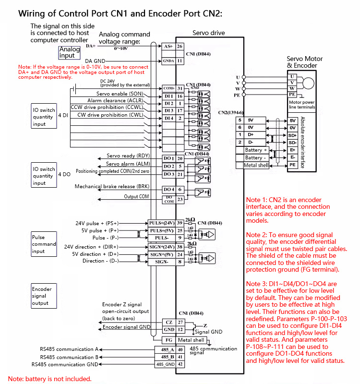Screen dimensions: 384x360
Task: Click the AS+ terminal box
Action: click(x=168, y=47)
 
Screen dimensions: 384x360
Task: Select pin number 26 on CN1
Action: click(x=180, y=47)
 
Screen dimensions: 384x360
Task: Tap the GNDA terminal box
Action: click(x=168, y=61)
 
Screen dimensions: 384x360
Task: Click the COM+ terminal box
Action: click(x=168, y=88)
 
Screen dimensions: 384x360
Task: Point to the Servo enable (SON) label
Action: click(x=120, y=94)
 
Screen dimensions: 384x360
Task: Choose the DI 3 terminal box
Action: click(x=168, y=111)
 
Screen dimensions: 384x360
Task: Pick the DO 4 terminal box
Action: click(x=168, y=190)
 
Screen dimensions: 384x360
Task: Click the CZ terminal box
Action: click(x=168, y=322)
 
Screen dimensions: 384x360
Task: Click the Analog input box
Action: click(x=70, y=52)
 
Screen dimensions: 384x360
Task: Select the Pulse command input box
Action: click(x=44, y=244)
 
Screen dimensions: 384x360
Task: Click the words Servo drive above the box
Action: click(x=208, y=33)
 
